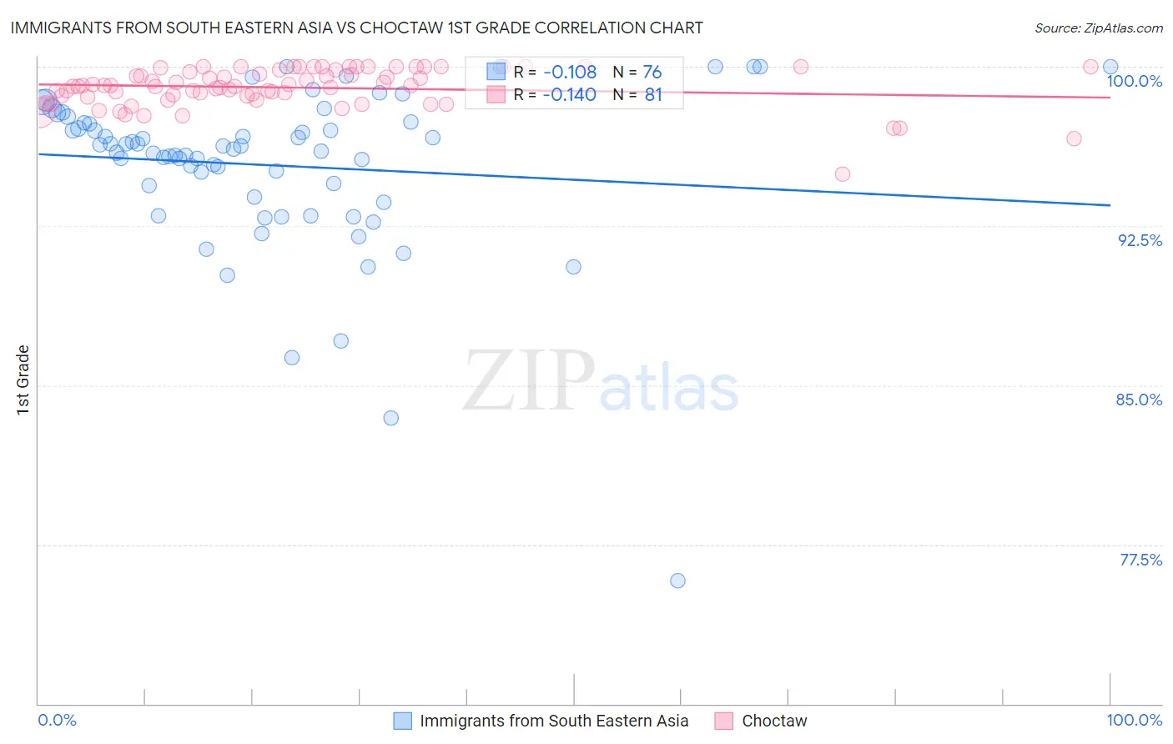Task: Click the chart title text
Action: pyautogui.click(x=356, y=28)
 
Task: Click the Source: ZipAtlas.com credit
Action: pyautogui.click(x=1098, y=28)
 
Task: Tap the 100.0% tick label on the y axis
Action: pyautogui.click(x=1134, y=81)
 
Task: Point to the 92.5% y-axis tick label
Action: pyautogui.click(x=1140, y=240)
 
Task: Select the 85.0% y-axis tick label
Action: pyautogui.click(x=1139, y=400)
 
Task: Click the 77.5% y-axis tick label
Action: pyautogui.click(x=1140, y=560)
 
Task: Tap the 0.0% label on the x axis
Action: pyautogui.click(x=57, y=720)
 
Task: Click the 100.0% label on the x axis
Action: pyautogui.click(x=1134, y=720)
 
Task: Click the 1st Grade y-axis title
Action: pyautogui.click(x=23, y=380)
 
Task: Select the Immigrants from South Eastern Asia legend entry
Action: pyautogui.click(x=554, y=721)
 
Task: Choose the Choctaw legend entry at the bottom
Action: pyautogui.click(x=774, y=721)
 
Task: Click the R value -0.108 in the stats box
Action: pyautogui.click(x=570, y=73)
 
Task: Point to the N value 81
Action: pyautogui.click(x=653, y=95)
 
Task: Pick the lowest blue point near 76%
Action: pyautogui.click(x=677, y=581)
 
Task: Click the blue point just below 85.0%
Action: pyautogui.click(x=390, y=418)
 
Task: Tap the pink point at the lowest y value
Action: pyautogui.click(x=842, y=174)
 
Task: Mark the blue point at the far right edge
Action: pyautogui.click(x=1110, y=67)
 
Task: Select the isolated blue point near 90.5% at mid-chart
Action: pyautogui.click(x=573, y=267)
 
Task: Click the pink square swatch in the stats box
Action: pyautogui.click(x=496, y=95)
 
